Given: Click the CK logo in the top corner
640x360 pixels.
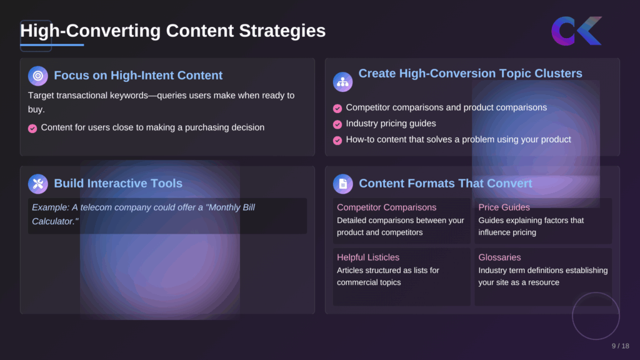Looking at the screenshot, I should tap(576, 31).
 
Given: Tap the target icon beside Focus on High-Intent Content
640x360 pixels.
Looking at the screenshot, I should tap(38, 76).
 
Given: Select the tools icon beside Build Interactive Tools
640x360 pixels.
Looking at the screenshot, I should tap(38, 184).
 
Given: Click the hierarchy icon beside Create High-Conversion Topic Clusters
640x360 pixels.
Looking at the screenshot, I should tap(342, 82).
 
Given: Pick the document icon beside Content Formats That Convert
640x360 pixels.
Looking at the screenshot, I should tap(342, 184).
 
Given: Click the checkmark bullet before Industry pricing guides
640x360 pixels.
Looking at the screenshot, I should tap(337, 124).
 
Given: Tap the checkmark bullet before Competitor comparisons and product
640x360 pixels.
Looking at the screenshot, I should tap(337, 108).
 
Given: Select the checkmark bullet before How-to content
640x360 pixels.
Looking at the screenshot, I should tap(337, 141).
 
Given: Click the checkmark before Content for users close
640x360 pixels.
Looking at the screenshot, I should tap(32, 128).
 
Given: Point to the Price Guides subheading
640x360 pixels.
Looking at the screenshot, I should tap(504, 207).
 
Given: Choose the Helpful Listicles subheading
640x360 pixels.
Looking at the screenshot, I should tap(367, 257).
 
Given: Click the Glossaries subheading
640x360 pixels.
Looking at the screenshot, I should tap(499, 257).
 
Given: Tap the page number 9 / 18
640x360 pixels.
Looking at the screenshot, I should tap(620, 346).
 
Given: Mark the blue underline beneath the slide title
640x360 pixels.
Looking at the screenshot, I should tap(52, 45).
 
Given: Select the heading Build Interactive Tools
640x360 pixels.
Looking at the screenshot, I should tap(118, 184).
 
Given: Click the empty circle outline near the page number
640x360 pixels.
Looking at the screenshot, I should tap(596, 316).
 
